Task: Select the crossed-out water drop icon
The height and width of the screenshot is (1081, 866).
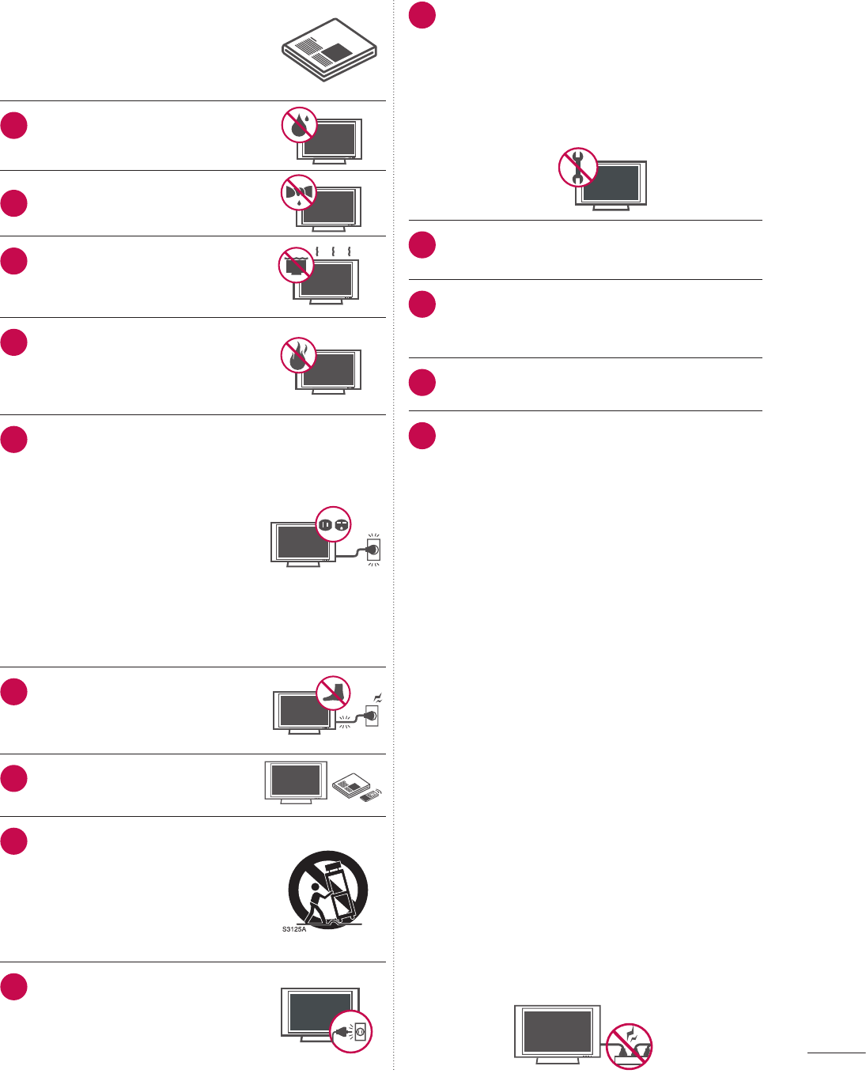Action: click(300, 125)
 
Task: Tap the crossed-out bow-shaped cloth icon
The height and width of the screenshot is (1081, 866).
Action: click(300, 192)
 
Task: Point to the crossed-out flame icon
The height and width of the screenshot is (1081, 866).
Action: click(299, 356)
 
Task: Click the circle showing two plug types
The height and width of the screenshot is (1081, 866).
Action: click(333, 524)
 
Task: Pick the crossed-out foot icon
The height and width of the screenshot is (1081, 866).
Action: click(333, 693)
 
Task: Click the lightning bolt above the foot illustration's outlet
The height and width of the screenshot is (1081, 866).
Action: click(378, 697)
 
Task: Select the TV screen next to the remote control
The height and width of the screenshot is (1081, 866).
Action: click(296, 781)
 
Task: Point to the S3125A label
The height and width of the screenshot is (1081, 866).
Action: click(294, 929)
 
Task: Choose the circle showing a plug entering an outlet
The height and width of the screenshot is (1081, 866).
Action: click(350, 1031)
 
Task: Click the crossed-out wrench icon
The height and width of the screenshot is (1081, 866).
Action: click(578, 167)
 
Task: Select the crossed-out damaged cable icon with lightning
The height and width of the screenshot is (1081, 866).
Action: click(629, 1046)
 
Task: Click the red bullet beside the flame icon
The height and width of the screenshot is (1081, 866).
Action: click(14, 342)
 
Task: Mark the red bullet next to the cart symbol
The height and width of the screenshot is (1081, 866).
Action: click(14, 841)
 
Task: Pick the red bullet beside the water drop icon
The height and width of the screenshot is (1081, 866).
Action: click(14, 126)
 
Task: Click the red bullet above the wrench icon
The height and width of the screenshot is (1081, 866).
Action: click(422, 15)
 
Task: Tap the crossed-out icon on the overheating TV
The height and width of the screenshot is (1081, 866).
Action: click(297, 266)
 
